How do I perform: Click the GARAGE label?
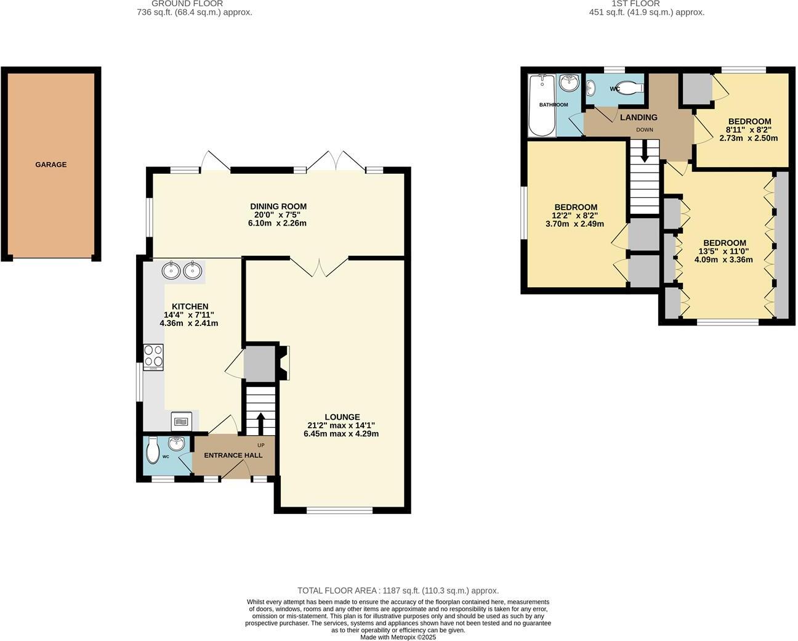pos(50,165)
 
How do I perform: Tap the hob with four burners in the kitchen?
pos(153,356)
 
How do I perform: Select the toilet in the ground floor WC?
pos(153,451)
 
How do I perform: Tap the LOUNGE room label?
pos(342,417)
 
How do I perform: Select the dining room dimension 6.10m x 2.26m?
pos(278,223)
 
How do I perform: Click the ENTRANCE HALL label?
pos(233,455)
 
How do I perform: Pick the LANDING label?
pos(639,117)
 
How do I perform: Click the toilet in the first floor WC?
pos(629,89)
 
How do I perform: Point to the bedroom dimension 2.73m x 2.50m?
pos(748,138)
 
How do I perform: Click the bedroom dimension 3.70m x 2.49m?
pos(574,224)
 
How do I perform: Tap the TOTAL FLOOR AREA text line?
pos(398,590)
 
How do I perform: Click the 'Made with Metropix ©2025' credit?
pos(398,637)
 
